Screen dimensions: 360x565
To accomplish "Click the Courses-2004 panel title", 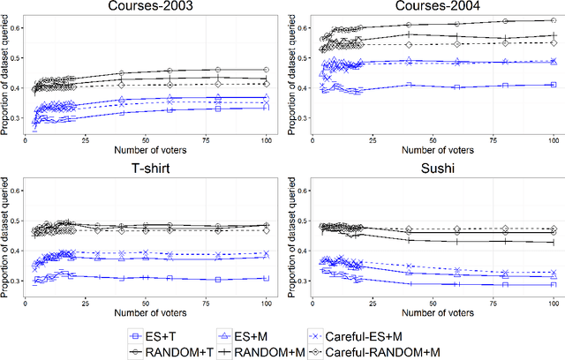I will tap(433, 8).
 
